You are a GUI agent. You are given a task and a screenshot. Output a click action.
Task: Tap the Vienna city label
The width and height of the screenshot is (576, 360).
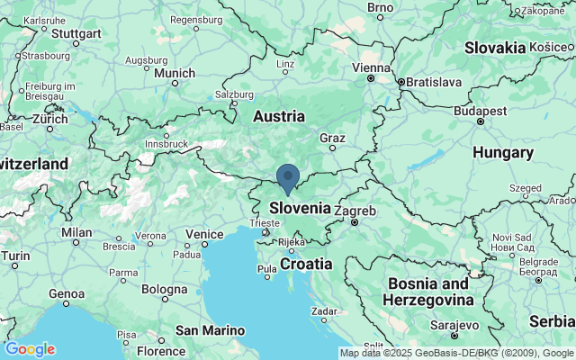(371, 67)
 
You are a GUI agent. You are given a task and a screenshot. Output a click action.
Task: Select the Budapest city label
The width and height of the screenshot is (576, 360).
(481, 110)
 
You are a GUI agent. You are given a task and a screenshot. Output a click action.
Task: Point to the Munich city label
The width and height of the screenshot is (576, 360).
(174, 73)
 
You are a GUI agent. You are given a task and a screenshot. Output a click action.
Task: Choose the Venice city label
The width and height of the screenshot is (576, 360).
(203, 234)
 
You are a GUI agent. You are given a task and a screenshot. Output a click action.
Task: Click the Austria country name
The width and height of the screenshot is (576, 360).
(279, 116)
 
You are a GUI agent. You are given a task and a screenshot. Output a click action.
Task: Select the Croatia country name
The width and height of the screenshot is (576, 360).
(306, 264)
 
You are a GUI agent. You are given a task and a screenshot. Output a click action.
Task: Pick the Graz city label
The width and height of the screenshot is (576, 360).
(333, 138)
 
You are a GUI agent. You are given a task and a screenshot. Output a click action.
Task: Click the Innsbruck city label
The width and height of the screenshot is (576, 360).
(165, 143)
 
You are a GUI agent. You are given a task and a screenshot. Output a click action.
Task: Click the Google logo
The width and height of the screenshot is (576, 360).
(29, 349)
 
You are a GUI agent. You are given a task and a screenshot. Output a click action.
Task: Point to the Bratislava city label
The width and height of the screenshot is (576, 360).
(433, 82)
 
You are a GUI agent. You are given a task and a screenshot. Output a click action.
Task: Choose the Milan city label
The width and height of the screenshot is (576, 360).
(77, 231)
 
